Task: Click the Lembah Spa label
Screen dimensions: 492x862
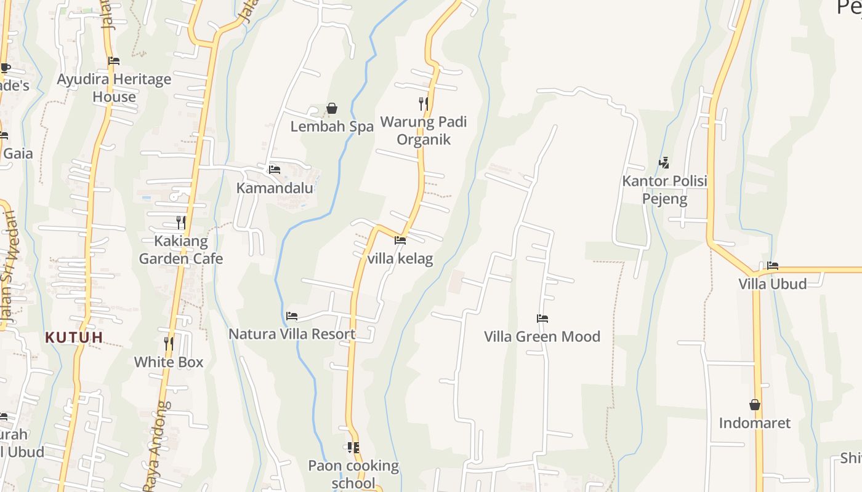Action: click(x=332, y=127)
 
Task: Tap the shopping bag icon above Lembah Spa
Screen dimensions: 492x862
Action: click(x=332, y=109)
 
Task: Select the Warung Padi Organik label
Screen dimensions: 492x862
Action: click(x=424, y=130)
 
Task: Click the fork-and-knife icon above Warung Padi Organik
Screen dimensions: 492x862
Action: click(x=424, y=103)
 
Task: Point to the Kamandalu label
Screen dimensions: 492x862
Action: click(x=275, y=188)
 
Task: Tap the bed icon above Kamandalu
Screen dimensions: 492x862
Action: click(x=275, y=170)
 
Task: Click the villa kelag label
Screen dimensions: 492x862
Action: click(x=400, y=258)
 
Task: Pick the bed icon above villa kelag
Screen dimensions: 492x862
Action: click(x=400, y=240)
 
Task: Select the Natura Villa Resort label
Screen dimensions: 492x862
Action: click(x=292, y=334)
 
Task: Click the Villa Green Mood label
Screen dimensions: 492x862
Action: click(x=542, y=336)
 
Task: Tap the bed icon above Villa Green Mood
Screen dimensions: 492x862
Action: click(x=542, y=319)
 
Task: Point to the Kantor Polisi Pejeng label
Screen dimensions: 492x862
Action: click(x=664, y=190)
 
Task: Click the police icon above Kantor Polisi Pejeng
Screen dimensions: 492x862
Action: click(x=664, y=163)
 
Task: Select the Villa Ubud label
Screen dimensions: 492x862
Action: click(x=773, y=284)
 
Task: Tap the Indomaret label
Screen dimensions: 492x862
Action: click(x=755, y=423)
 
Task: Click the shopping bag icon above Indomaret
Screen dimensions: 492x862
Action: click(x=755, y=405)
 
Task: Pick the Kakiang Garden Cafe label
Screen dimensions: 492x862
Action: click(x=181, y=250)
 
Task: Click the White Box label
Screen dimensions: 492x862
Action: click(x=169, y=362)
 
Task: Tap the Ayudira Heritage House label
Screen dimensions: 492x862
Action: click(x=114, y=88)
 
